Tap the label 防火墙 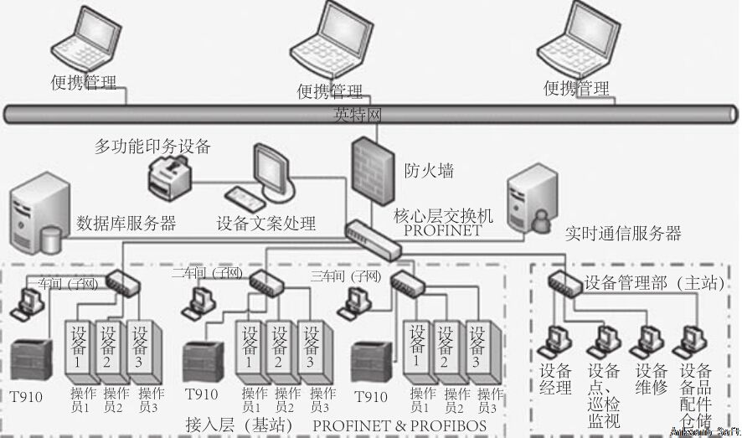point(429,172)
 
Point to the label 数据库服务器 point(126,223)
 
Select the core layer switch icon point(375,236)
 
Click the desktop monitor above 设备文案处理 point(274,167)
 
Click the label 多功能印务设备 point(152,147)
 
